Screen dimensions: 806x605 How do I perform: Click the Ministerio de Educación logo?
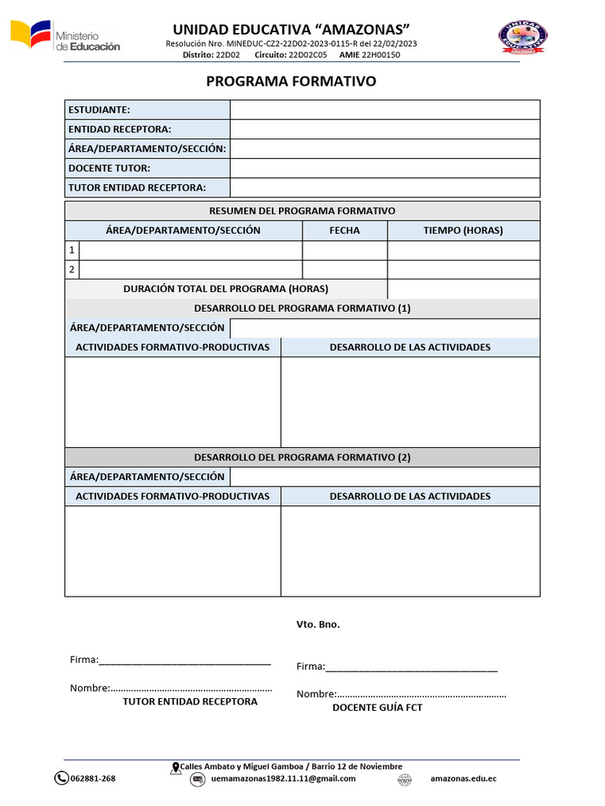(65, 36)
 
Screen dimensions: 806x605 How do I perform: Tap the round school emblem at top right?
(523, 36)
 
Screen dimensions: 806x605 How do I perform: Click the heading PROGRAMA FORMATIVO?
(291, 82)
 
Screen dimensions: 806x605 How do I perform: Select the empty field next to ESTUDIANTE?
(384, 110)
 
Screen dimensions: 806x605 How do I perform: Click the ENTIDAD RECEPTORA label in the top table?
(120, 129)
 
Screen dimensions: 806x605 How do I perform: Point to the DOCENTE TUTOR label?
(109, 168)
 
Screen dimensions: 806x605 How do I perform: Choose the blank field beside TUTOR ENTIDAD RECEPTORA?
(384, 187)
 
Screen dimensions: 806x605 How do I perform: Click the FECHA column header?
(344, 231)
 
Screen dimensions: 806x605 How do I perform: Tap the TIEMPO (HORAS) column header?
(463, 231)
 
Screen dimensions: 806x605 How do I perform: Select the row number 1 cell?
(72, 250)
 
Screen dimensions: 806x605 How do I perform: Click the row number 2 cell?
(72, 270)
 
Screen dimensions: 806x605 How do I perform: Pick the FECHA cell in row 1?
(344, 250)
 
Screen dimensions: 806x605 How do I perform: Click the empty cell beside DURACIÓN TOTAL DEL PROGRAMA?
(463, 289)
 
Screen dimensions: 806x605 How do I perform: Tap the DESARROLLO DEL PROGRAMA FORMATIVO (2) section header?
(302, 457)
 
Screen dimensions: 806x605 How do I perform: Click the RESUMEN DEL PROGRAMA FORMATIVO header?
(302, 211)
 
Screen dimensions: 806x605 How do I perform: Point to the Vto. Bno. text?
(318, 624)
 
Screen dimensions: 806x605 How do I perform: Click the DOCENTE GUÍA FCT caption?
(377, 708)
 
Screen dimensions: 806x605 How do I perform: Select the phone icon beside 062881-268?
(61, 778)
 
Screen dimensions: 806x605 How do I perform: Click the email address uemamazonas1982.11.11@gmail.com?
(284, 778)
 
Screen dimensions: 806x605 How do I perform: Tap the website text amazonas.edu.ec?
(463, 778)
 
